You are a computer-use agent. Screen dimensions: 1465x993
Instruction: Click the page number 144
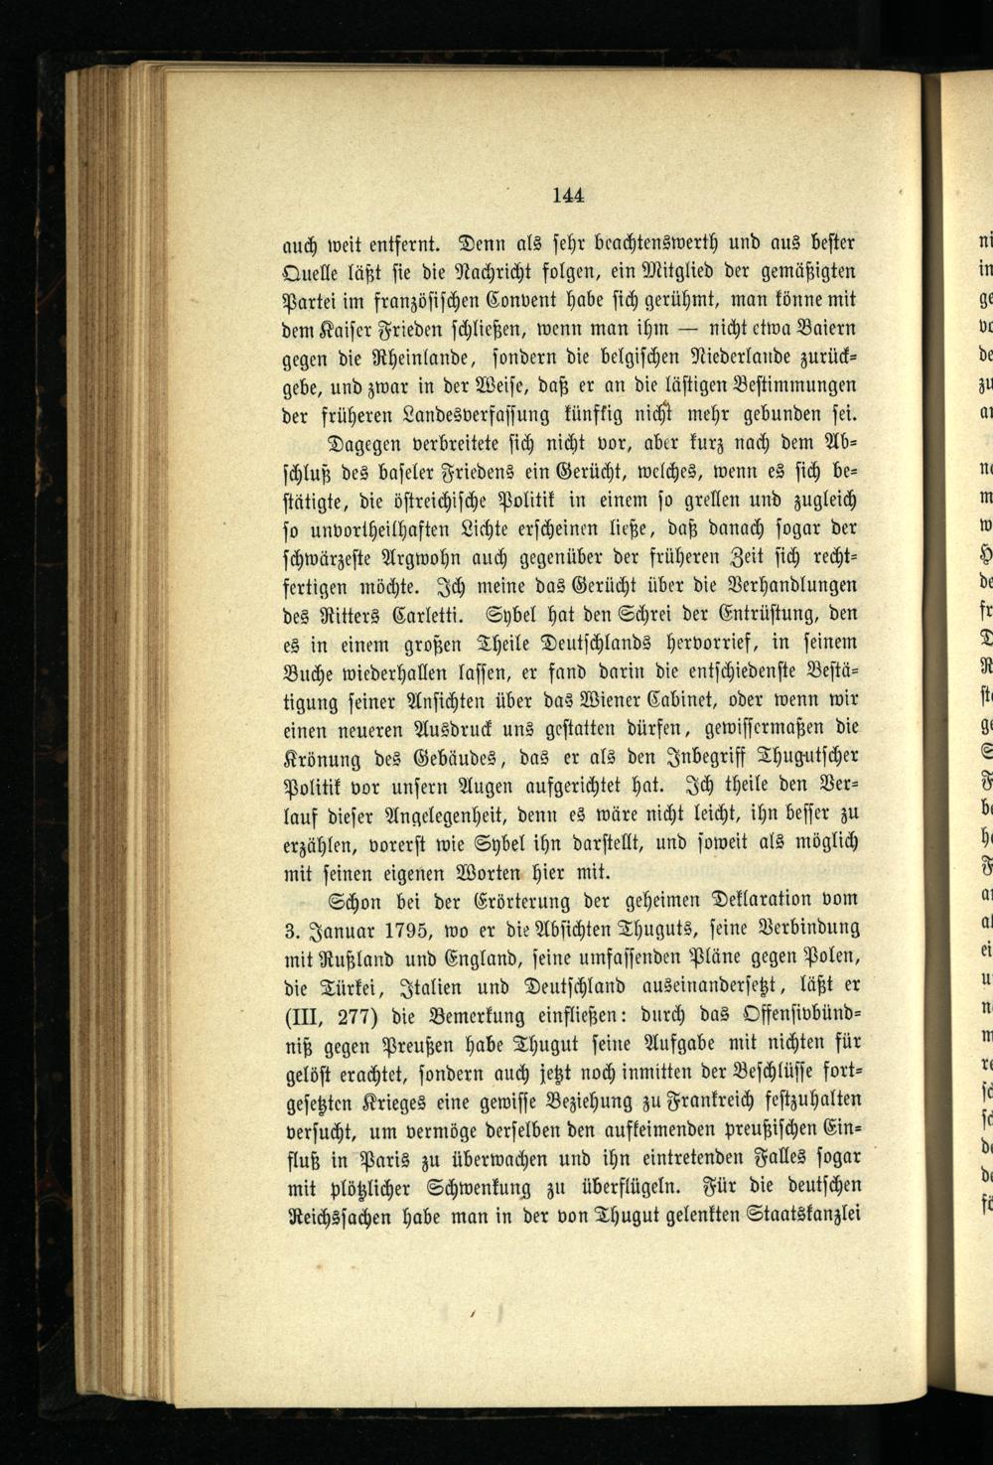(567, 195)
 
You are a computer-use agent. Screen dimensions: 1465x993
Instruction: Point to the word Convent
(509, 299)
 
